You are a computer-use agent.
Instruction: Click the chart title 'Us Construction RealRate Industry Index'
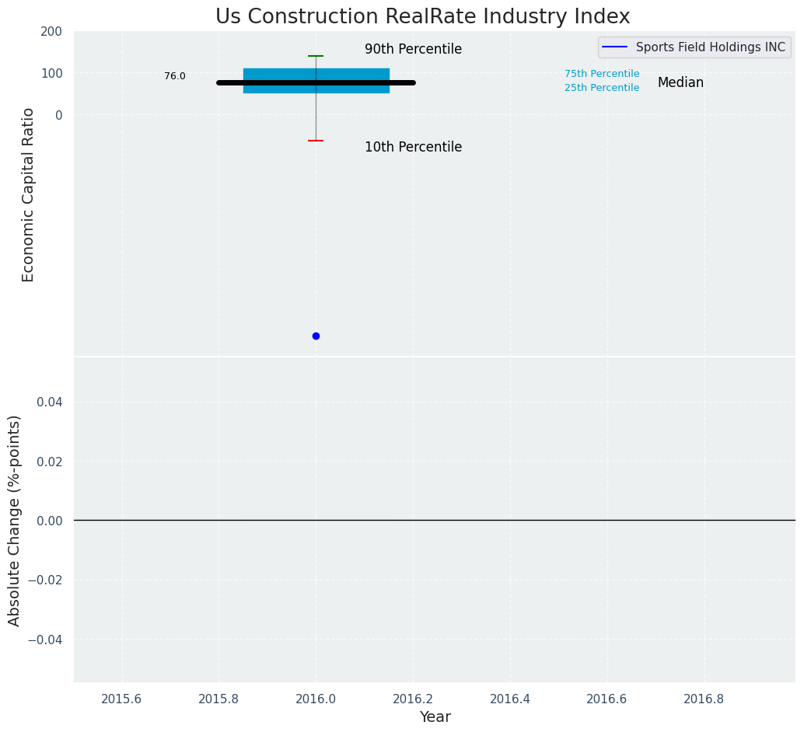tap(422, 16)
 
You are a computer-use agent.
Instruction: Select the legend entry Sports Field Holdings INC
tap(710, 47)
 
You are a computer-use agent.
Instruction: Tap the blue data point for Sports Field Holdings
tap(316, 336)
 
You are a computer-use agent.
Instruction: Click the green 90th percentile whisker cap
tap(316, 56)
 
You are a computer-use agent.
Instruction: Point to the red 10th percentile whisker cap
tap(316, 141)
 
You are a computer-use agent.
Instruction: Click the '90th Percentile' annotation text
tap(413, 49)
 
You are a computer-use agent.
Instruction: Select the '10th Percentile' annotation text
tap(413, 147)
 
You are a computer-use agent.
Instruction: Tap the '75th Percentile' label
tap(602, 74)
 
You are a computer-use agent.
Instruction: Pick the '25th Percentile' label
tap(602, 88)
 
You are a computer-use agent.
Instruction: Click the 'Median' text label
tap(680, 82)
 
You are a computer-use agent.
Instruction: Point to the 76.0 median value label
tap(175, 76)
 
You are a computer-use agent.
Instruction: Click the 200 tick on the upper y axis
tap(51, 32)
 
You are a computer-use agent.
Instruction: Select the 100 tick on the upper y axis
tap(51, 73)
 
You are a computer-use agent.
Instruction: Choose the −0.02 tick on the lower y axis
tap(46, 580)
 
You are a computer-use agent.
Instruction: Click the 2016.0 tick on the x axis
tap(316, 699)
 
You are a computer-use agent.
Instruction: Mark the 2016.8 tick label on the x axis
tap(704, 699)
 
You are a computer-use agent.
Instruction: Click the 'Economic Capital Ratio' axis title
tap(29, 194)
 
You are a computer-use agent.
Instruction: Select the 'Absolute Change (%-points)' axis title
tap(15, 520)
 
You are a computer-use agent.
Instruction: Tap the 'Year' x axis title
tap(435, 717)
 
